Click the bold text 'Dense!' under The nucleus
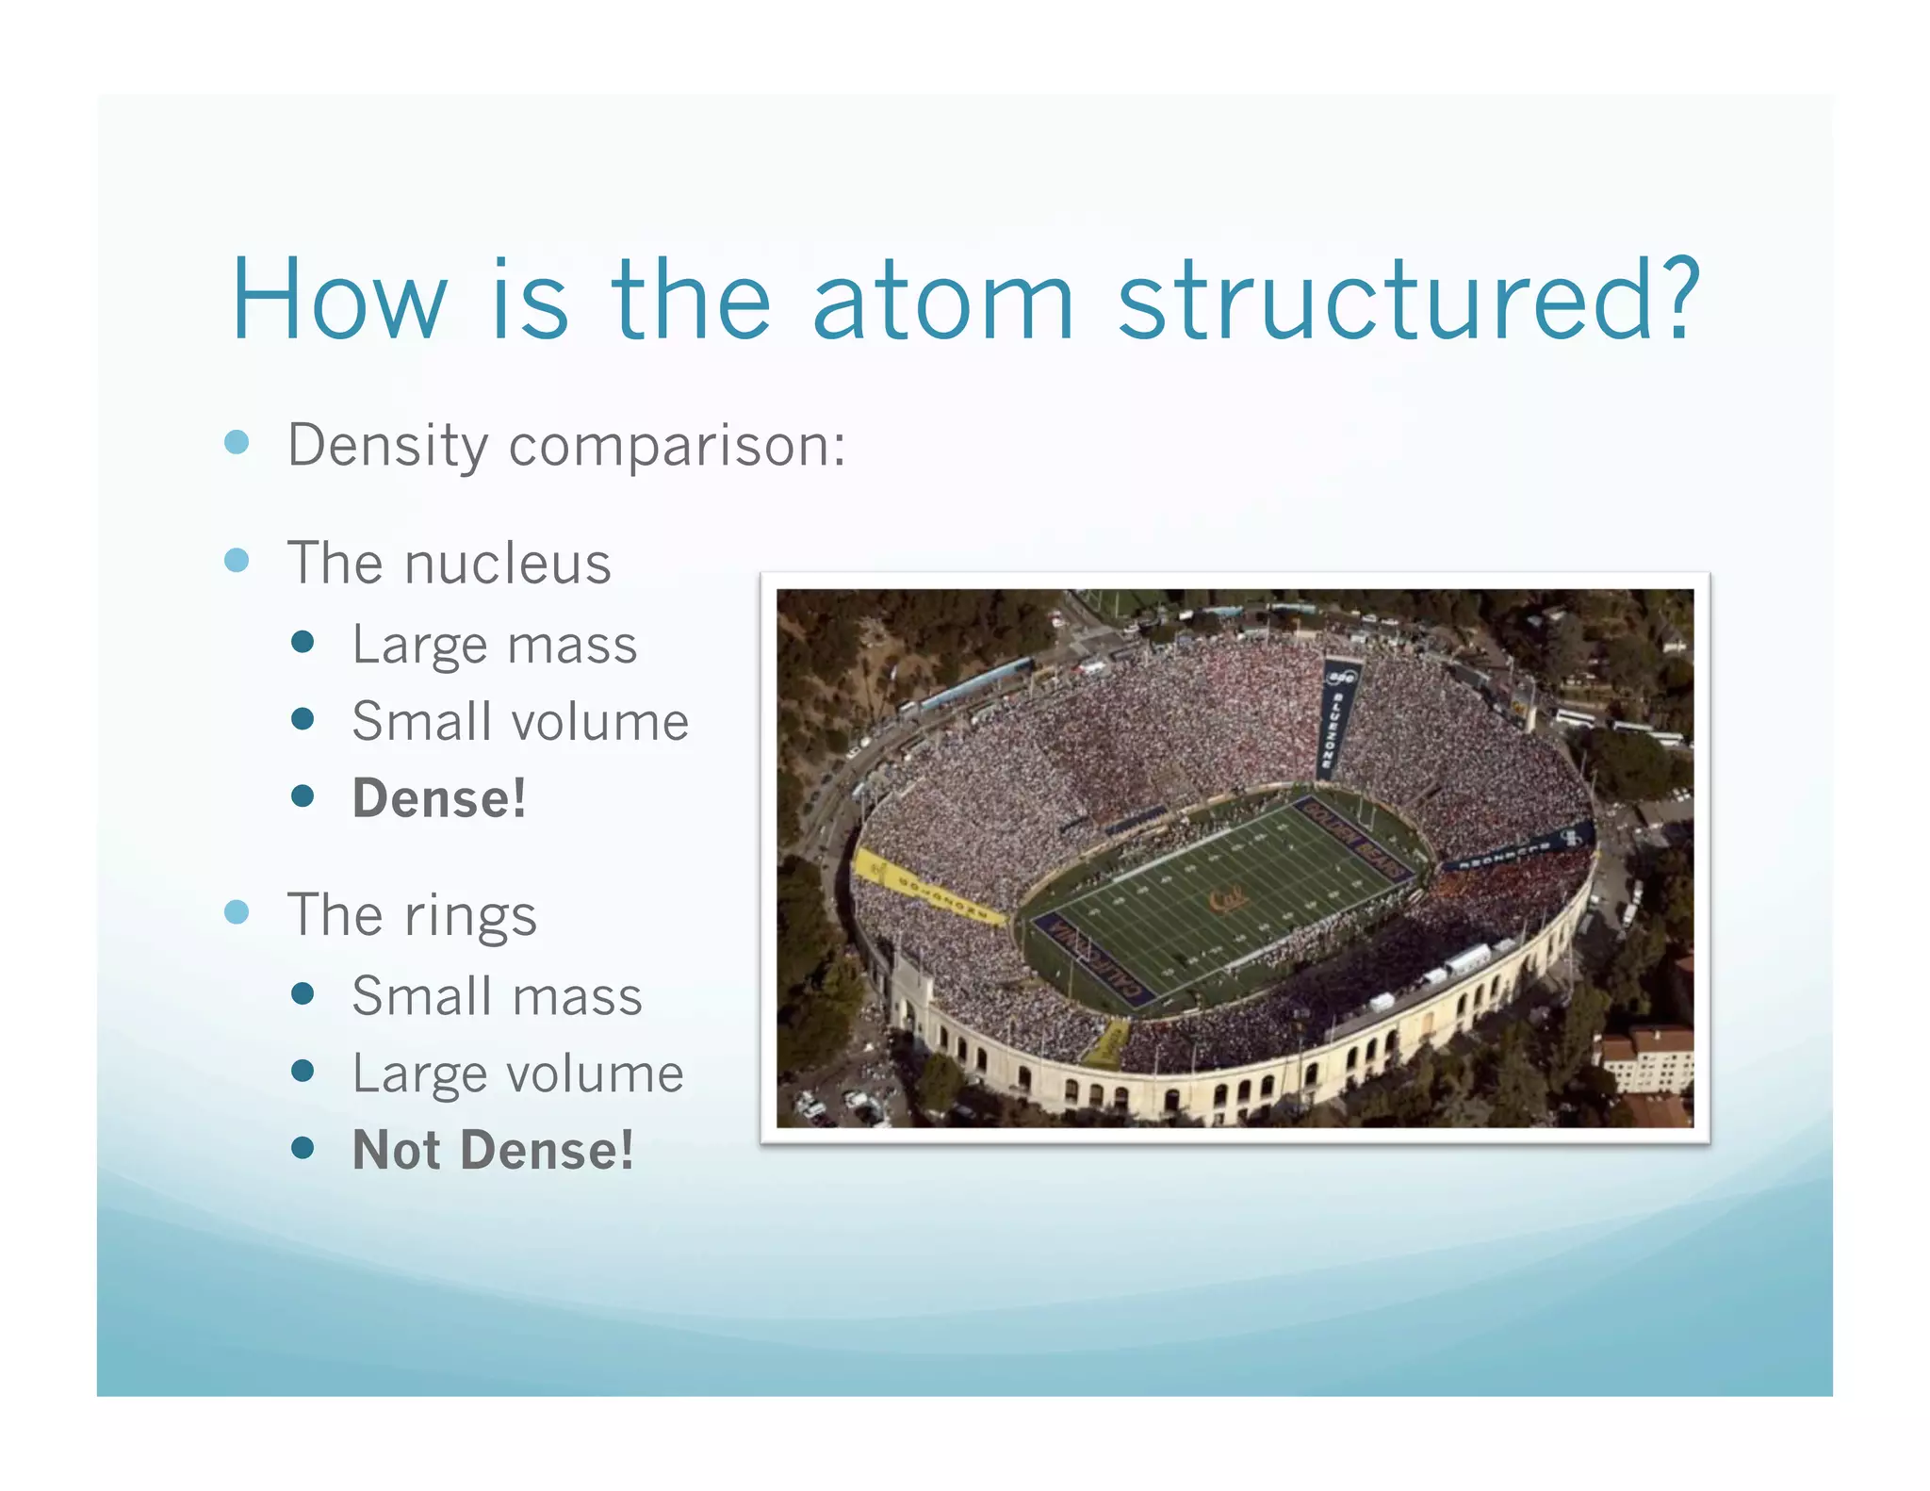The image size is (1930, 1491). coord(439,798)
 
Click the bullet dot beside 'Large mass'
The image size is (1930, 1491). coord(303,643)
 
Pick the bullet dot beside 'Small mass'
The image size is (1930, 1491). coord(303,993)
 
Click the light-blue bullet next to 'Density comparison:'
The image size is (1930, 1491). coord(237,442)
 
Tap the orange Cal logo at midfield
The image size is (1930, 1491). coord(1229,898)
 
